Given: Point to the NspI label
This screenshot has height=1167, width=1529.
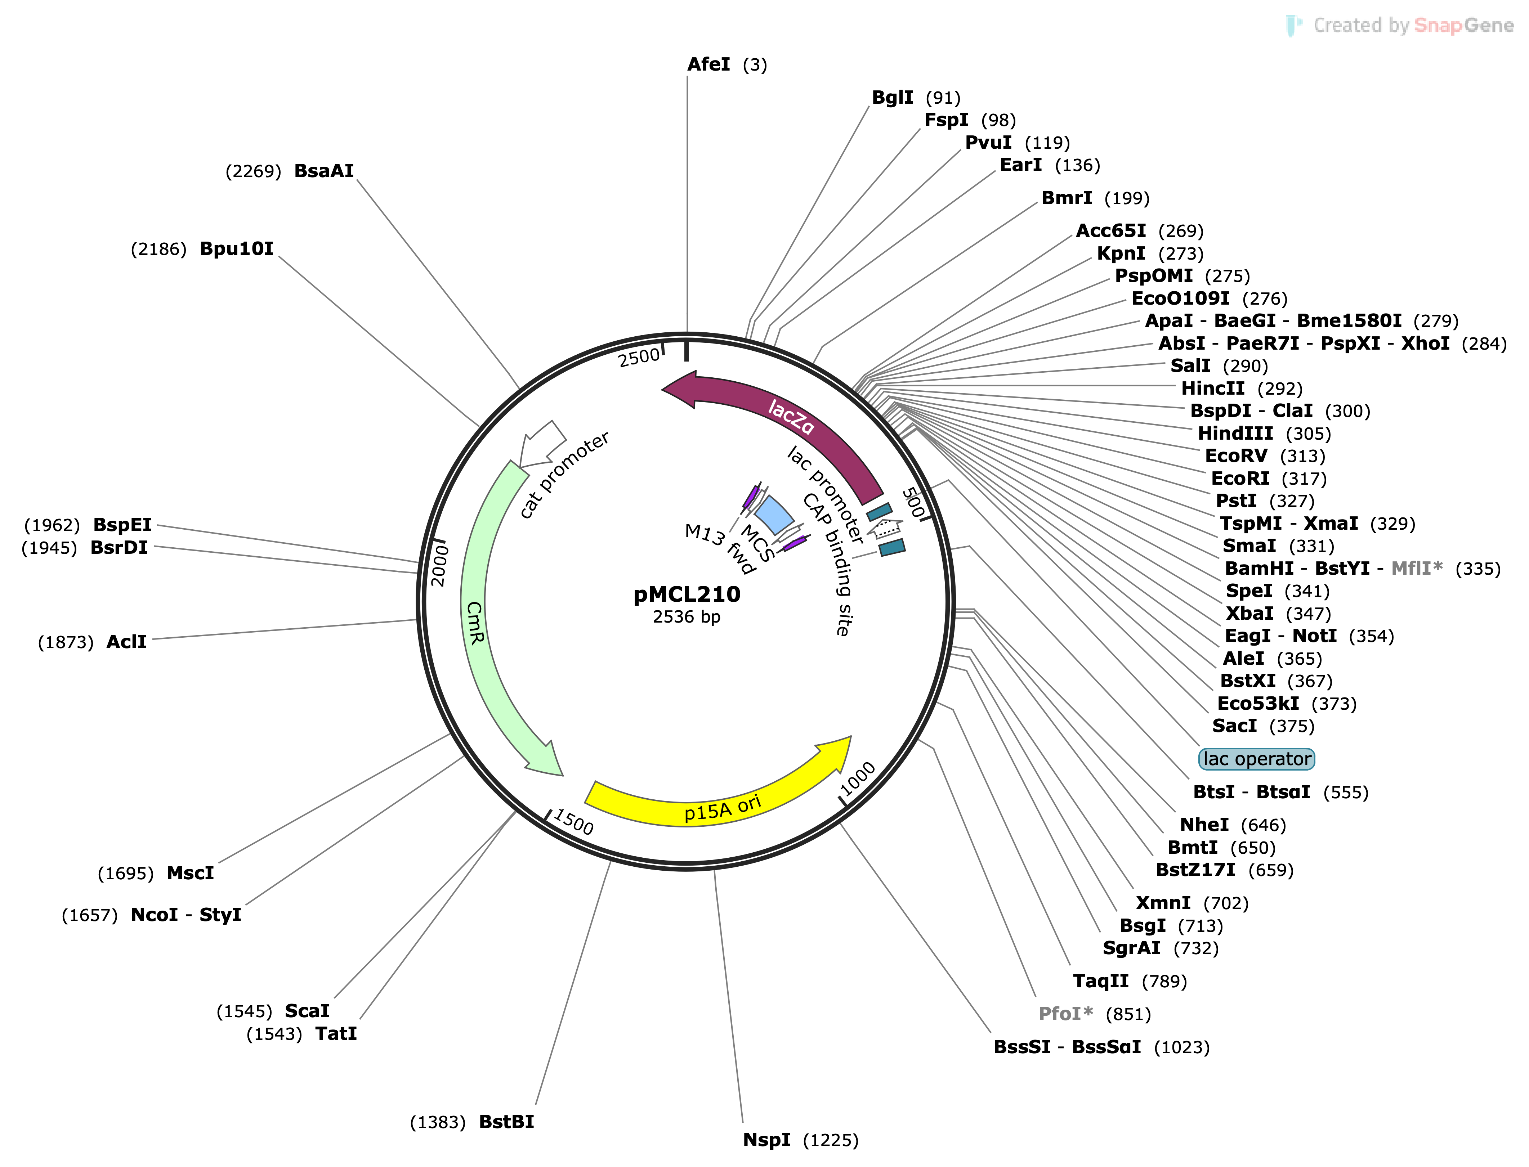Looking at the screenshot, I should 766,1140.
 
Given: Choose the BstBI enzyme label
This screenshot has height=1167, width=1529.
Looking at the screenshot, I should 506,1122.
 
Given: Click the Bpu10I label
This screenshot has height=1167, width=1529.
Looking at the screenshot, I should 236,249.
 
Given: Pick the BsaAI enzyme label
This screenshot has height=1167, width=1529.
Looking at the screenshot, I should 324,171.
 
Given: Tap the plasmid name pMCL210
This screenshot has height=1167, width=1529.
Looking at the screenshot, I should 687,594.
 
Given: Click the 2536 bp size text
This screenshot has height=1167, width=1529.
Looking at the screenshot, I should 687,617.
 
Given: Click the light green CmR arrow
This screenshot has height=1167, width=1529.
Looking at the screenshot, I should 479,625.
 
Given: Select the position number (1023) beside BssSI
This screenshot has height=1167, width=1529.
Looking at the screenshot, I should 1181,1047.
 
